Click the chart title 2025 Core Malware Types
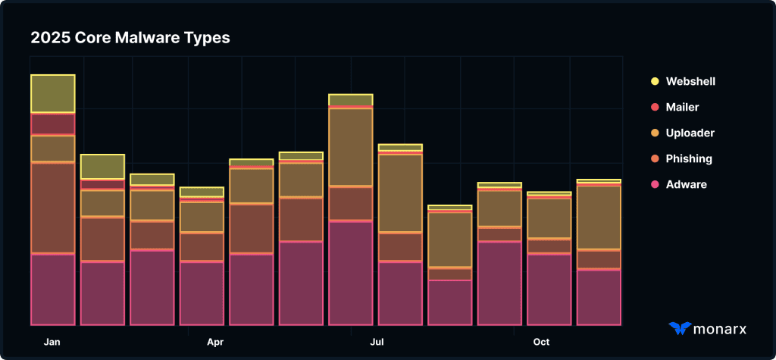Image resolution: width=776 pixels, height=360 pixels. click(x=130, y=37)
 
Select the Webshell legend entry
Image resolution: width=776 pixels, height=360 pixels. click(x=690, y=81)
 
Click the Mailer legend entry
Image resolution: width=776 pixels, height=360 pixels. click(x=682, y=107)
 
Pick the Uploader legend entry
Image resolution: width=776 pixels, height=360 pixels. click(x=690, y=133)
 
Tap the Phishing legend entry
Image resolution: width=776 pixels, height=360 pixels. click(x=689, y=158)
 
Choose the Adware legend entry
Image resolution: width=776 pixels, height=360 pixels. click(x=686, y=184)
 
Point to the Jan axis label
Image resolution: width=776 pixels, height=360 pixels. click(x=52, y=342)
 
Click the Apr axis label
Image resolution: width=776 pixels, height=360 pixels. click(x=215, y=342)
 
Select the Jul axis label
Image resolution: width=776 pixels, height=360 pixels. click(x=377, y=342)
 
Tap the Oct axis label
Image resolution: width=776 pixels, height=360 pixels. click(x=541, y=342)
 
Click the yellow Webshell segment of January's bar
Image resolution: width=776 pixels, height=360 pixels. click(x=52, y=94)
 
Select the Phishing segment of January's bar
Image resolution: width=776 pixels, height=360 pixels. click(x=52, y=208)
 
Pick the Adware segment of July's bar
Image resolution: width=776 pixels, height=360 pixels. click(x=400, y=293)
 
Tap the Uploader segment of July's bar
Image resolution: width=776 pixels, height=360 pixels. click(x=400, y=193)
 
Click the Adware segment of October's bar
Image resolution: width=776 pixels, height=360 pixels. click(x=549, y=290)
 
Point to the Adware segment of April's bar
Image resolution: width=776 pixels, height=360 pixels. click(x=202, y=293)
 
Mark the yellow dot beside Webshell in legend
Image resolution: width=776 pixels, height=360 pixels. click(x=655, y=81)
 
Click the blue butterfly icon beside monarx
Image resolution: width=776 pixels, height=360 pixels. click(x=680, y=328)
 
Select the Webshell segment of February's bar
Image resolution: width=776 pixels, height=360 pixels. click(x=102, y=166)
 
